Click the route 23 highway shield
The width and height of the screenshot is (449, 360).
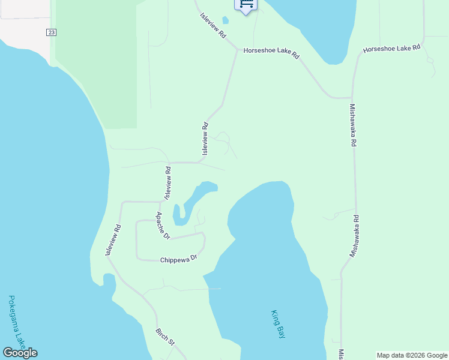pos(51,32)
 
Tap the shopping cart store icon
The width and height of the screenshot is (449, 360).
pos(246,4)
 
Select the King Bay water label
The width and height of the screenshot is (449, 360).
pos(278,325)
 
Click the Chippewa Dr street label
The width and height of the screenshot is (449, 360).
pos(179,260)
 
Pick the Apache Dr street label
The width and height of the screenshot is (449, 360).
pos(163,226)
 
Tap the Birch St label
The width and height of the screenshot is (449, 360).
pos(164,337)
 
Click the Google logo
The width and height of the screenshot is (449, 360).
pos(20,353)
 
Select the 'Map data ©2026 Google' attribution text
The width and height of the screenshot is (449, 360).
pos(412,355)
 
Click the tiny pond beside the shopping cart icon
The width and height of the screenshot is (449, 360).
pos(225,20)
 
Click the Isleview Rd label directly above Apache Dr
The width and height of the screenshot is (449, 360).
pos(168,183)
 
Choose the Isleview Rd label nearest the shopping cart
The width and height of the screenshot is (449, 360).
pos(213,27)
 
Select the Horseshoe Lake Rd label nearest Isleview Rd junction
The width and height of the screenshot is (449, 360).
pos(271,53)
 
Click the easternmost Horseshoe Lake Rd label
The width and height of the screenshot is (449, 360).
pos(392,47)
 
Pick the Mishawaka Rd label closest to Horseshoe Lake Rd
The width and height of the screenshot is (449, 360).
pos(353,125)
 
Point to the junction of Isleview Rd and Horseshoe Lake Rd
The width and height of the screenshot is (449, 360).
pos(236,50)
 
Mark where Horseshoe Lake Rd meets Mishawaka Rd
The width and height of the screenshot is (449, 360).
pos(352,97)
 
